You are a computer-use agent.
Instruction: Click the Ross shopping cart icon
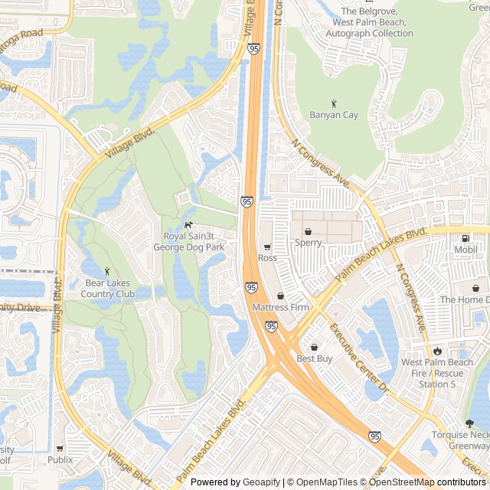click(x=267, y=247)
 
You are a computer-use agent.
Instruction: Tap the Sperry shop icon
click(x=308, y=231)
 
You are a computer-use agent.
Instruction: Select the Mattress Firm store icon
click(x=280, y=296)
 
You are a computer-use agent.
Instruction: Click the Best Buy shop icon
click(x=314, y=347)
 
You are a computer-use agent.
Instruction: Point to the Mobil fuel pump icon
click(x=465, y=238)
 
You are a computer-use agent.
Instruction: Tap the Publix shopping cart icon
click(x=60, y=448)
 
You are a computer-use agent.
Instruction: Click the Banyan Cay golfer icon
click(x=334, y=103)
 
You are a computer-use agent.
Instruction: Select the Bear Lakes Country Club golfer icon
click(x=107, y=271)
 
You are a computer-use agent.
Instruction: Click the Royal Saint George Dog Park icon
click(x=188, y=224)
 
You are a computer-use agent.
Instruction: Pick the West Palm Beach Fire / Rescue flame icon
click(x=438, y=351)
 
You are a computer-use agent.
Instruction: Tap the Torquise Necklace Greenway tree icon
click(x=469, y=423)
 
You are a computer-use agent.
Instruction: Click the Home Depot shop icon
click(x=475, y=289)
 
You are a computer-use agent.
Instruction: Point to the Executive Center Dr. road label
click(x=359, y=359)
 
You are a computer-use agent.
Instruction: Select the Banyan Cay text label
click(x=334, y=116)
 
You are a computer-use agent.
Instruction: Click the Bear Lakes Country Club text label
click(x=109, y=289)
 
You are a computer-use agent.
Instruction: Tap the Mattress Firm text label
click(x=280, y=308)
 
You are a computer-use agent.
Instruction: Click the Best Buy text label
click(x=314, y=358)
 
